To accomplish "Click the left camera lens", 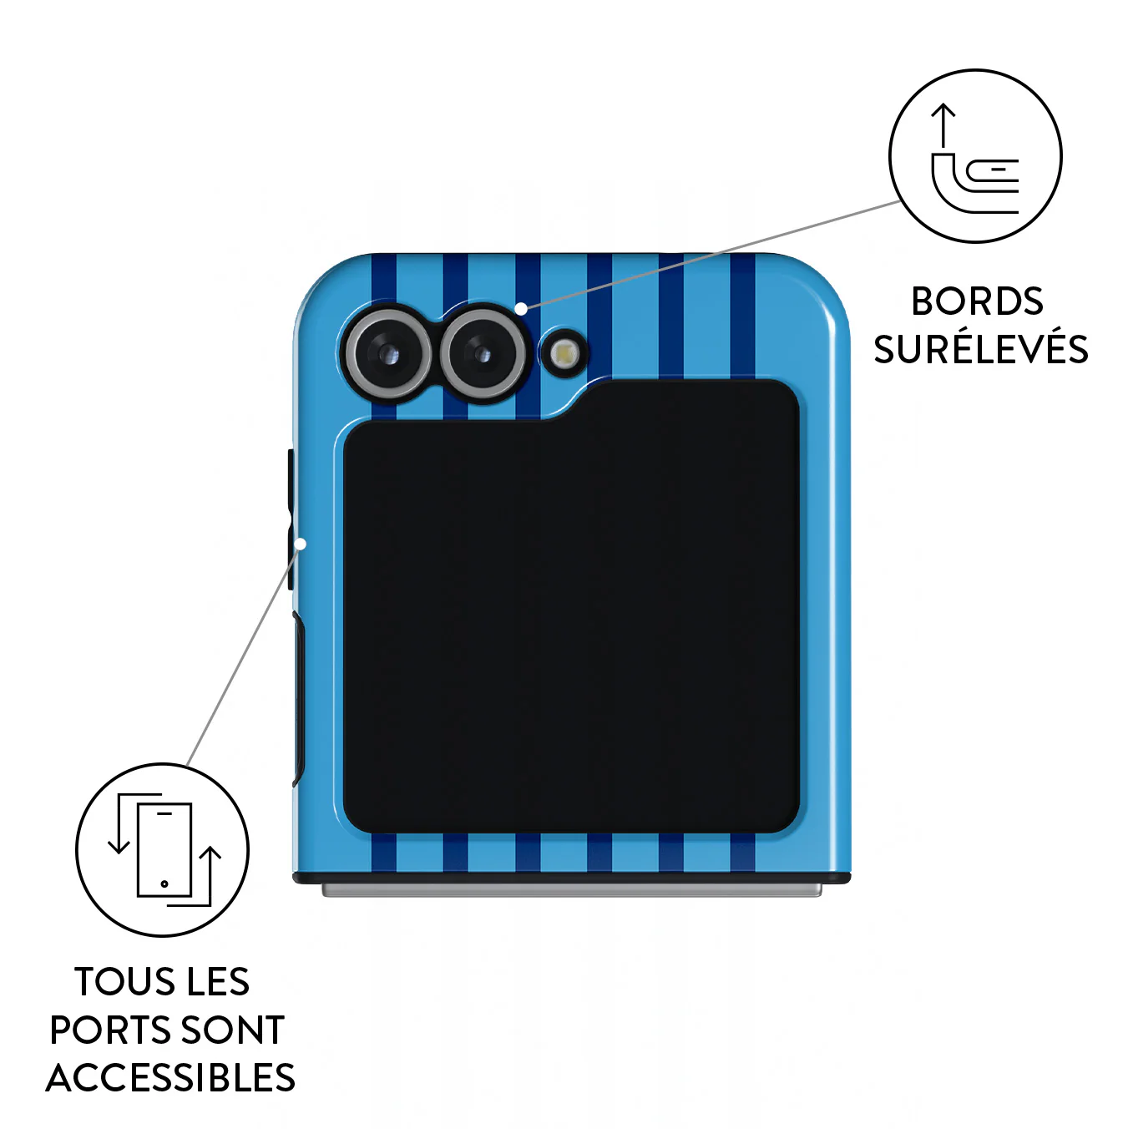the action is pos(388,353).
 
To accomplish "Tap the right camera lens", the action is pos(483,353).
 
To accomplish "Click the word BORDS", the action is pos(977,301).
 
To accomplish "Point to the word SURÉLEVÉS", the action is pos(981,349).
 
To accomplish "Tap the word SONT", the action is pos(233,1030).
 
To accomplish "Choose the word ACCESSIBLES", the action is pos(170,1078).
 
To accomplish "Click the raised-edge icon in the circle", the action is pos(975,158).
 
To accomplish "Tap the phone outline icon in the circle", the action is pos(164,849).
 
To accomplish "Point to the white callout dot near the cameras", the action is pos(520,308).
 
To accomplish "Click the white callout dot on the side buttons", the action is pos(301,544).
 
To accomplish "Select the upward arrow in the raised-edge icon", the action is pos(943,124).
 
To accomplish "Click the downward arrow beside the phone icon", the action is pos(119,823).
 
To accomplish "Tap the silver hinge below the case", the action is pos(571,890).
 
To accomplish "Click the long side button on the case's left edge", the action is pos(298,698).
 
